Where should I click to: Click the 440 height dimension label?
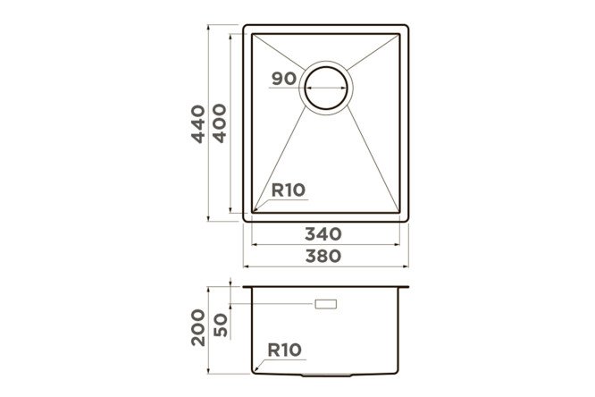198,124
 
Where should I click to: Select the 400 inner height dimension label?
220,123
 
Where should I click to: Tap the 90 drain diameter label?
284,79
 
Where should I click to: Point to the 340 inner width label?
323,234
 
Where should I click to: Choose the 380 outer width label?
323,256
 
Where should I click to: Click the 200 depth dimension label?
198,327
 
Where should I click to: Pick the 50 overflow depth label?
221,325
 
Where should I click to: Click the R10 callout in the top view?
289,190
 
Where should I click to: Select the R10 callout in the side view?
285,350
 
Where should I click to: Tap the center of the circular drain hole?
326,88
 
